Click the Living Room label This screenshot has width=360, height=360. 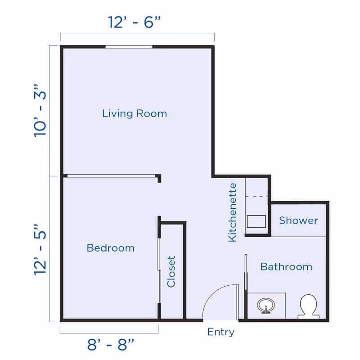coord(135,113)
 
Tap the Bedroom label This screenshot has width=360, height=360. coord(110,248)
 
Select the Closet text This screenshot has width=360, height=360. coord(171,271)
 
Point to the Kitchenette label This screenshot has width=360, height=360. coord(233,212)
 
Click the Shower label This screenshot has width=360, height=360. coord(298,220)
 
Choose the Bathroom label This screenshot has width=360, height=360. coord(286,267)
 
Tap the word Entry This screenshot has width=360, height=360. coord(220,333)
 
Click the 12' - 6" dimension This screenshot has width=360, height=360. coord(135,22)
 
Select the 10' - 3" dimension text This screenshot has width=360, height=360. coord(41,111)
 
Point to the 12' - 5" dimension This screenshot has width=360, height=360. coord(41,248)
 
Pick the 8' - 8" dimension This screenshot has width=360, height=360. coord(110,345)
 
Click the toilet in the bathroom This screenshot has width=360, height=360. coord(309,306)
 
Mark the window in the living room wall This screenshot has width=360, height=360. coord(129,46)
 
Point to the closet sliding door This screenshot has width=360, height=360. coord(159,270)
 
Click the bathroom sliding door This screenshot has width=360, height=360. coord(246,274)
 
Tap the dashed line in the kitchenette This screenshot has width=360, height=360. coord(256,197)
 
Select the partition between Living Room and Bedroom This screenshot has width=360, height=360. coord(110,175)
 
